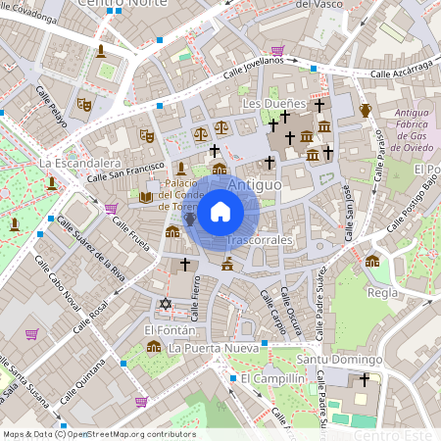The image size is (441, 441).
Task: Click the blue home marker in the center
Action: pyautogui.click(x=220, y=212)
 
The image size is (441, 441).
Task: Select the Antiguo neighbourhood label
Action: pyautogui.click(x=254, y=183)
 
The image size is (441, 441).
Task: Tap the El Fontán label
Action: pyautogui.click(x=165, y=330)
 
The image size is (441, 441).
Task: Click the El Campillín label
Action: pyautogui.click(x=268, y=378)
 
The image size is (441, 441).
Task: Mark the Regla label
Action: pyautogui.click(x=381, y=293)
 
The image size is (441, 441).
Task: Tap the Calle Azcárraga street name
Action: pyautogui.click(x=401, y=70)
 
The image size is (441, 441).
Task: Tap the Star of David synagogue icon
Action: pyautogui.click(x=165, y=305)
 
